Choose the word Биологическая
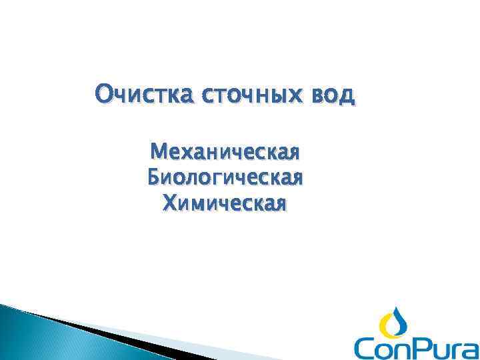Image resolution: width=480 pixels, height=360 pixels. (225, 178)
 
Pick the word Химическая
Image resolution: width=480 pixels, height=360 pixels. (225, 201)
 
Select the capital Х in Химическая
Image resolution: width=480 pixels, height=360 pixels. (169, 201)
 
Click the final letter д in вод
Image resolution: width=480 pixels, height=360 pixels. (347, 95)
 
